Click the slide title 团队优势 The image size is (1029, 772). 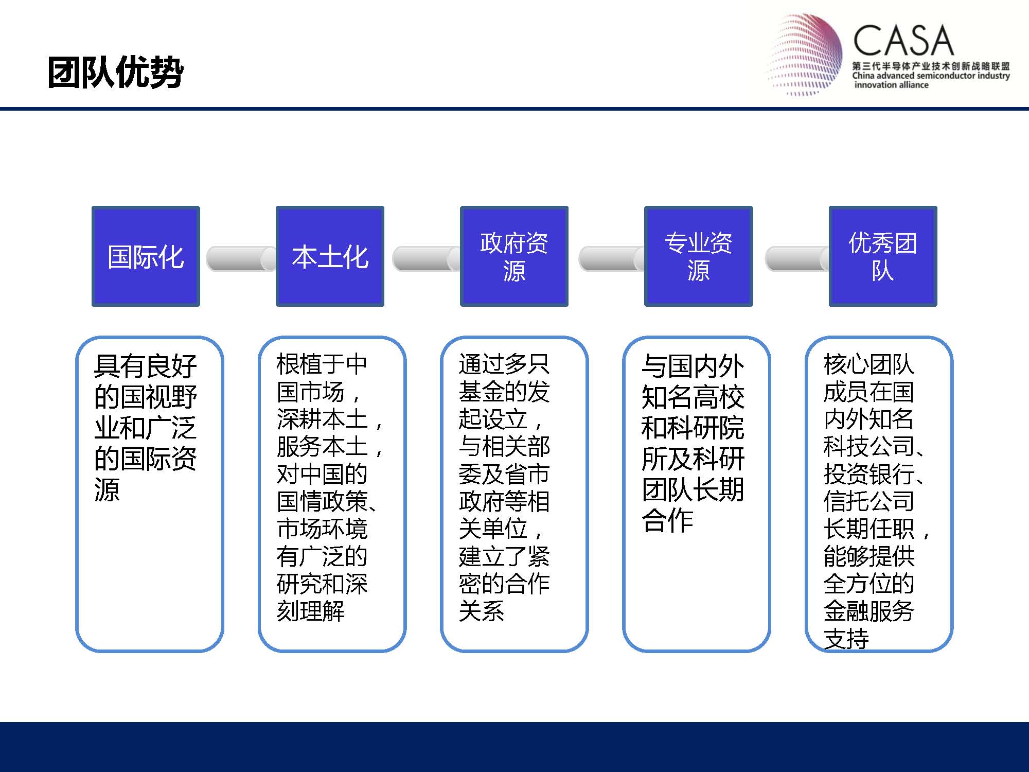tap(115, 72)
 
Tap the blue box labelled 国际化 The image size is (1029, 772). tap(146, 256)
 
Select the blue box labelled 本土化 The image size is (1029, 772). tap(330, 256)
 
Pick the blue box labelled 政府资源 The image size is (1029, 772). tap(514, 256)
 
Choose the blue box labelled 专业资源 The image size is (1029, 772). tap(698, 256)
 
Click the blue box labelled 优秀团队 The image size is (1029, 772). tap(883, 256)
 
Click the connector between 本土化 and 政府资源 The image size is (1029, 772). tap(426, 258)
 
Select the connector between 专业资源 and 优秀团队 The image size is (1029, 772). tap(797, 258)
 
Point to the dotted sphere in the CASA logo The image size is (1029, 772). tap(805, 55)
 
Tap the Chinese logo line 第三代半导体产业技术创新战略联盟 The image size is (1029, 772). tap(931, 66)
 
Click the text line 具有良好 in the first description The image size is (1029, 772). tap(146, 366)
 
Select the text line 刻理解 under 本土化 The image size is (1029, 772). tap(311, 611)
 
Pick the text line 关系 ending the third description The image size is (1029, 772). tap(482, 611)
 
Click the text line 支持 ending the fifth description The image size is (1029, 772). tap(846, 639)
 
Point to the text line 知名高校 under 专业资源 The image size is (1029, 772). tap(693, 397)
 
